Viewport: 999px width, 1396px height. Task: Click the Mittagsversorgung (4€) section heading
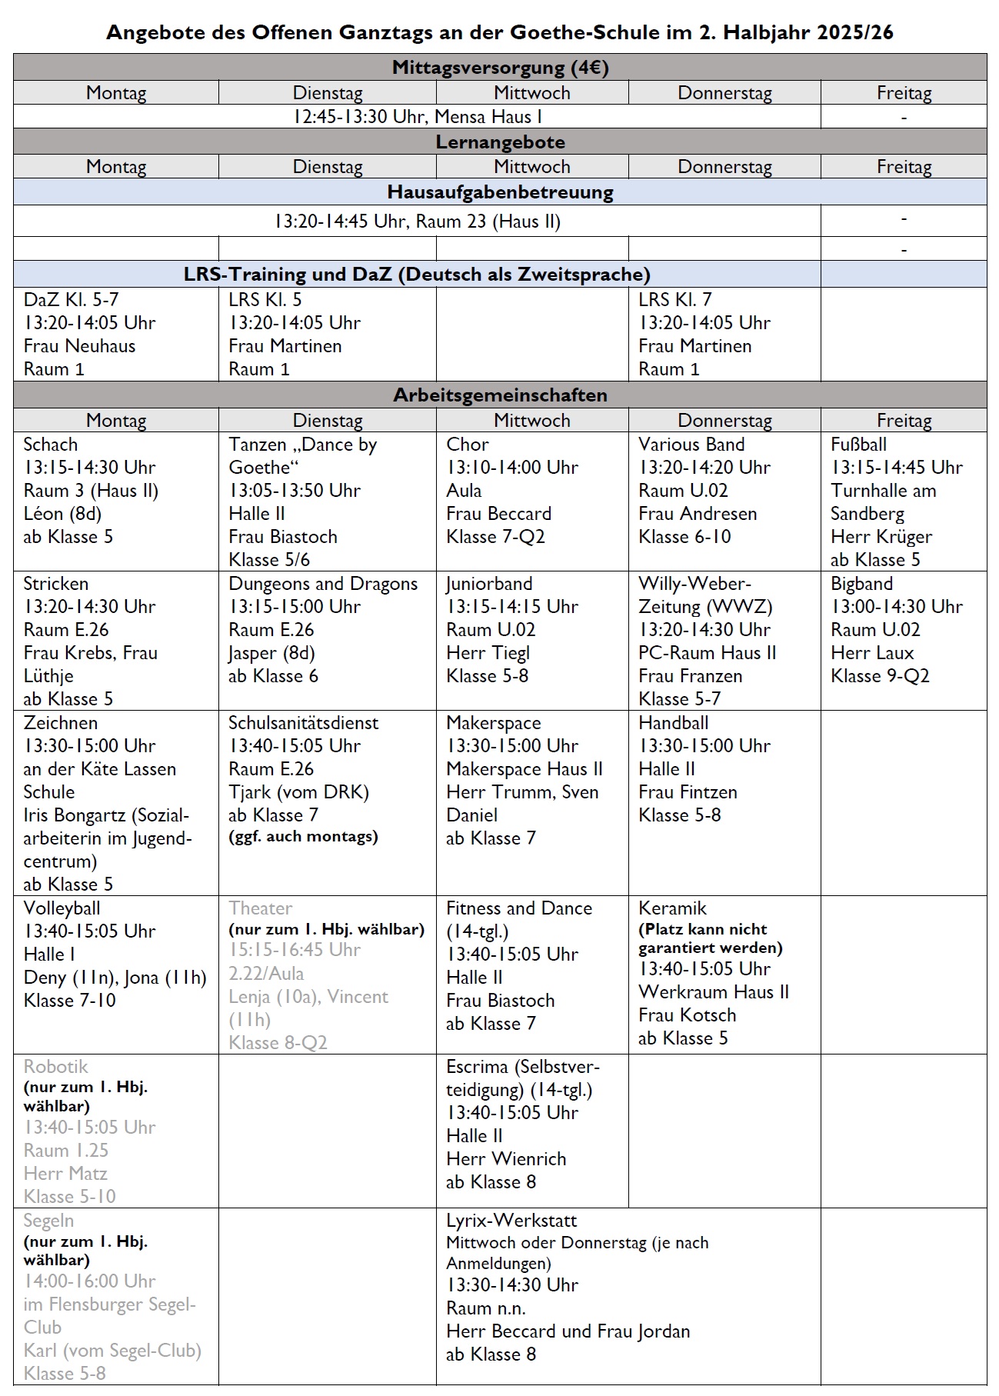pyautogui.click(x=500, y=68)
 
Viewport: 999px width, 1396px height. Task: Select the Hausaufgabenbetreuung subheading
pyautogui.click(x=500, y=192)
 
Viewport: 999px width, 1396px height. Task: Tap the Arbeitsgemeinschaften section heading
pyautogui.click(x=500, y=395)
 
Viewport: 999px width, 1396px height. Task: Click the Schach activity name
pyautogui.click(x=51, y=445)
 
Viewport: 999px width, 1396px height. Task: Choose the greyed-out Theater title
pyautogui.click(x=261, y=908)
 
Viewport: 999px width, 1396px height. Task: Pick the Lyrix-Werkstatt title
pyautogui.click(x=511, y=1221)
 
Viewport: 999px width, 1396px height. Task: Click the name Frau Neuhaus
pyautogui.click(x=79, y=346)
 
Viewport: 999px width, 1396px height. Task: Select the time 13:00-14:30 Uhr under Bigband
pyautogui.click(x=896, y=607)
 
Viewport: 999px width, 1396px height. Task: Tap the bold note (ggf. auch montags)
pyautogui.click(x=303, y=837)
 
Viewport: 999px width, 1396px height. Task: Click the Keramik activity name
pyautogui.click(x=672, y=908)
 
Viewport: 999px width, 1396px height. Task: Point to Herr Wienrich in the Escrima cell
pyautogui.click(x=506, y=1159)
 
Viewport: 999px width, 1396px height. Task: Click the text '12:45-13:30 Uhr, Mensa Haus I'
pyautogui.click(x=418, y=117)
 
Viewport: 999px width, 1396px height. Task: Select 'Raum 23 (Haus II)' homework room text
pyautogui.click(x=488, y=222)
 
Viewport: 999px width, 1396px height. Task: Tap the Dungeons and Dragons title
pyautogui.click(x=323, y=584)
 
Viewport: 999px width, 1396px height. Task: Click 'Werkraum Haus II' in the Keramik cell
pyautogui.click(x=714, y=992)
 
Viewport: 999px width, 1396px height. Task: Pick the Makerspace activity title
pyautogui.click(x=494, y=723)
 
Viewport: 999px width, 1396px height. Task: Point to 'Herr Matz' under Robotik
pyautogui.click(x=65, y=1174)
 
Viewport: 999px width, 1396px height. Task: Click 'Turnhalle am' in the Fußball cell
pyautogui.click(x=884, y=491)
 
